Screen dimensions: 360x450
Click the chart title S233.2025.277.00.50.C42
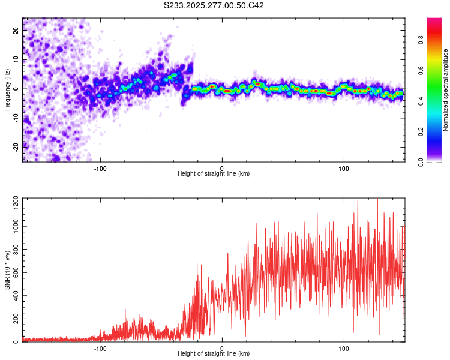[x=214, y=5]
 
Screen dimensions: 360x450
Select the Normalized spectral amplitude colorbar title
[x=446, y=90]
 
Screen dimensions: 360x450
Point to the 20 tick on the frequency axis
[x=17, y=29]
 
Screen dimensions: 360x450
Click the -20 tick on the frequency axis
[x=16, y=146]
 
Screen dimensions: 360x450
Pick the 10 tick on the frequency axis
[x=17, y=59]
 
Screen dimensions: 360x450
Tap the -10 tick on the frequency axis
[x=16, y=117]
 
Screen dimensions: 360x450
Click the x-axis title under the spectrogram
[x=214, y=174]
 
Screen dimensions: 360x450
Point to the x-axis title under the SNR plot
[x=214, y=354]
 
